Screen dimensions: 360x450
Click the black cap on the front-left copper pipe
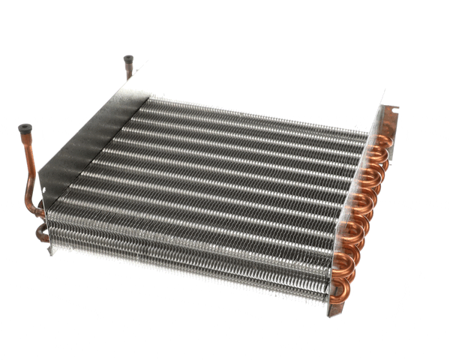pyautogui.click(x=24, y=130)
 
